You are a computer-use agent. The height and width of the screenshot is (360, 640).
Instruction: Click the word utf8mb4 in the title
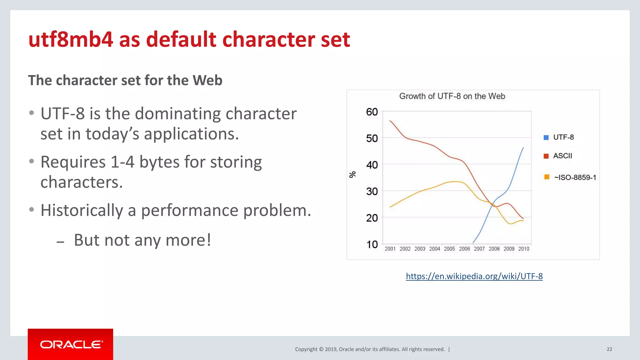pyautogui.click(x=71, y=40)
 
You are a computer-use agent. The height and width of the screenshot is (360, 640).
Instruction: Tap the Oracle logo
pyautogui.click(x=71, y=344)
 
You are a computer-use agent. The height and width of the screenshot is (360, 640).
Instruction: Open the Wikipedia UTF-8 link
pyautogui.click(x=474, y=276)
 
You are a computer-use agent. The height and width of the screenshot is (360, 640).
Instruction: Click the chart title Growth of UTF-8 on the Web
pyautogui.click(x=452, y=96)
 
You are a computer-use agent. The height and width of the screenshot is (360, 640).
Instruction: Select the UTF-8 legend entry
pyautogui.click(x=563, y=137)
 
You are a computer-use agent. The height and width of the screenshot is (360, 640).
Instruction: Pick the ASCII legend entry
pyautogui.click(x=562, y=156)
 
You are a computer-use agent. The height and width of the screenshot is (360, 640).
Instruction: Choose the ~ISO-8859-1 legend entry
pyautogui.click(x=575, y=177)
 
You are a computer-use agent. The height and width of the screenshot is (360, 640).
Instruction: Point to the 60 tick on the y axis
pyautogui.click(x=372, y=112)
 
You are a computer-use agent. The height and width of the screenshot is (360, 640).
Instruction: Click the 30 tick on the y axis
pyautogui.click(x=372, y=191)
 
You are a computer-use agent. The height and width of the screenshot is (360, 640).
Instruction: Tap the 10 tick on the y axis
pyautogui.click(x=372, y=244)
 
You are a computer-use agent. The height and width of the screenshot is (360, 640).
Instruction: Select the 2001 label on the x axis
pyautogui.click(x=390, y=249)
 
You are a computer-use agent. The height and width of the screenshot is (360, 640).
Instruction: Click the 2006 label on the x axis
pyautogui.click(x=464, y=249)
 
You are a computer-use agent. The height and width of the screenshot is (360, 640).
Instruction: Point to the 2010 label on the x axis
pyautogui.click(x=524, y=249)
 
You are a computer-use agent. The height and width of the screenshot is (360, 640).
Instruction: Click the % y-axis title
pyautogui.click(x=352, y=174)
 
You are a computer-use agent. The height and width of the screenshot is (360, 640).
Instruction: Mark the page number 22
pyautogui.click(x=609, y=349)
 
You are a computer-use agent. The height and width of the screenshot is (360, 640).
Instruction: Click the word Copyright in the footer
pyautogui.click(x=306, y=349)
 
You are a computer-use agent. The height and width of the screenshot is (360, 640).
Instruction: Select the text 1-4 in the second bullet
pyautogui.click(x=122, y=162)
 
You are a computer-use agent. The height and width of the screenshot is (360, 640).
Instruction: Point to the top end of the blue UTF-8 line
pyautogui.click(x=523, y=148)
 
